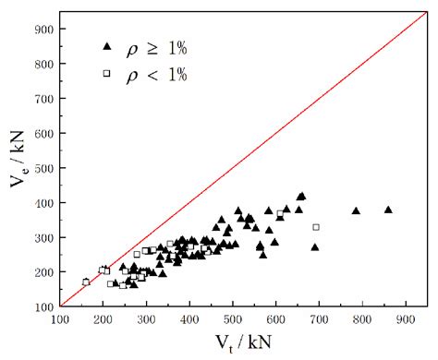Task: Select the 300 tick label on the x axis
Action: click(146, 319)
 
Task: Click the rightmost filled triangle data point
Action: click(388, 210)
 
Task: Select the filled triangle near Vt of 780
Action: click(356, 210)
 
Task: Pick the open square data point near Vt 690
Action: click(316, 227)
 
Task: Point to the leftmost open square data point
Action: click(86, 282)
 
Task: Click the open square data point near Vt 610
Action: click(280, 214)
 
